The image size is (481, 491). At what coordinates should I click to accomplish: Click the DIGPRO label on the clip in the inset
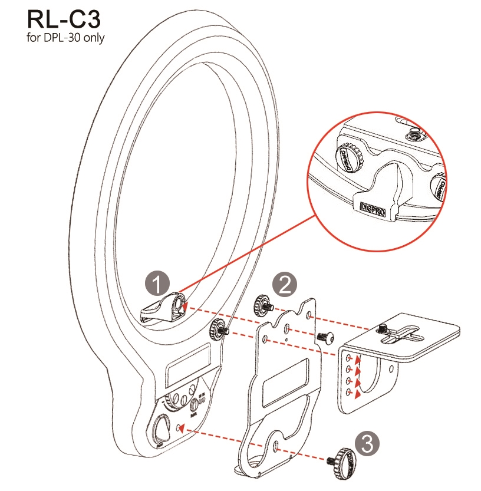(372, 208)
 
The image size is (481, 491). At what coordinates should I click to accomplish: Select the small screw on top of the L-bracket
(383, 328)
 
